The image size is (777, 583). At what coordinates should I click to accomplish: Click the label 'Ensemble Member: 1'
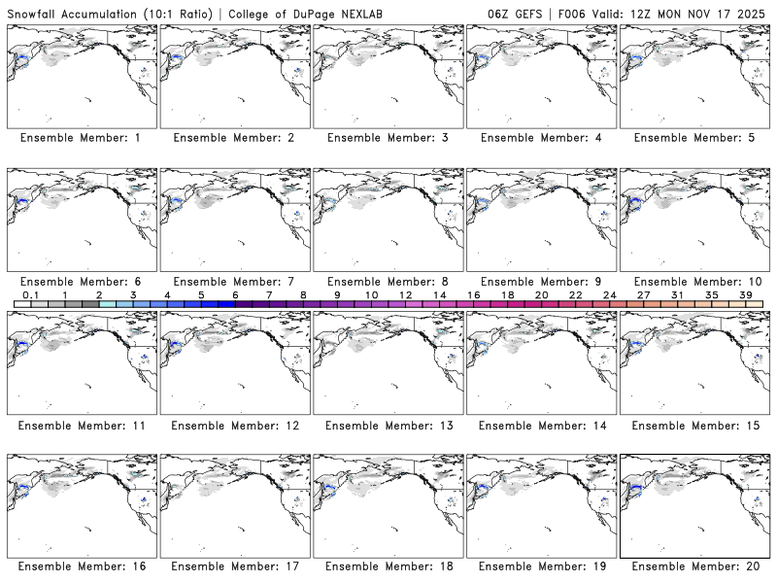(x=80, y=138)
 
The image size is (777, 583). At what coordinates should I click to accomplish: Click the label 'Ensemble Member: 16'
(x=80, y=566)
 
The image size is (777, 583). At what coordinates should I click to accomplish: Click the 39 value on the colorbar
(x=746, y=294)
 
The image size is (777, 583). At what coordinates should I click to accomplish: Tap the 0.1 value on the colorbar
(x=31, y=294)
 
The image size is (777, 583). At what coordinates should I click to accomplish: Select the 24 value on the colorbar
(x=610, y=294)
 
